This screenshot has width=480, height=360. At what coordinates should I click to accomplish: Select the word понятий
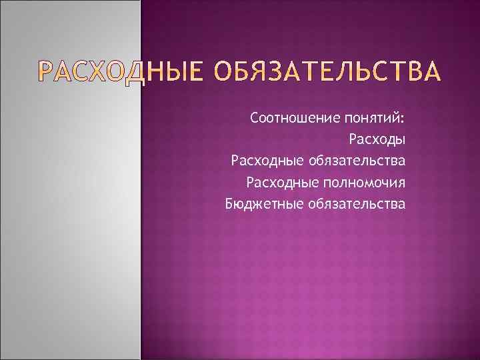point(368,119)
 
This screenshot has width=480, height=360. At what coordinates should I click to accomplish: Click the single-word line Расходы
point(377,140)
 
